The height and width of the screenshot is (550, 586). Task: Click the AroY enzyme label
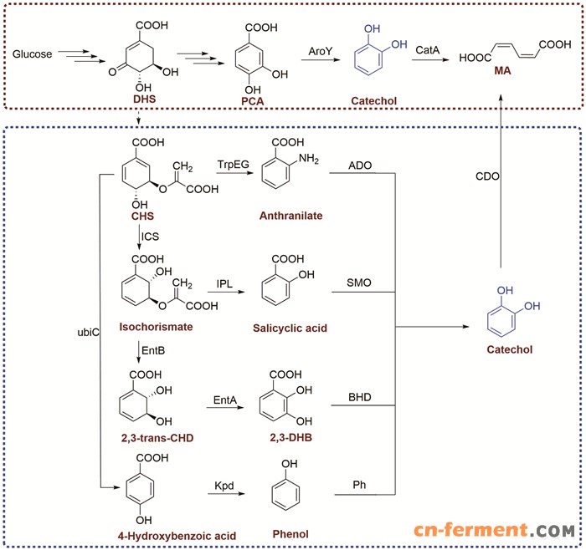click(x=321, y=52)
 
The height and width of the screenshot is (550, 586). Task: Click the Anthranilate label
click(x=288, y=216)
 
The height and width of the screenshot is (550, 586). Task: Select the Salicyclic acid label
click(x=289, y=328)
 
